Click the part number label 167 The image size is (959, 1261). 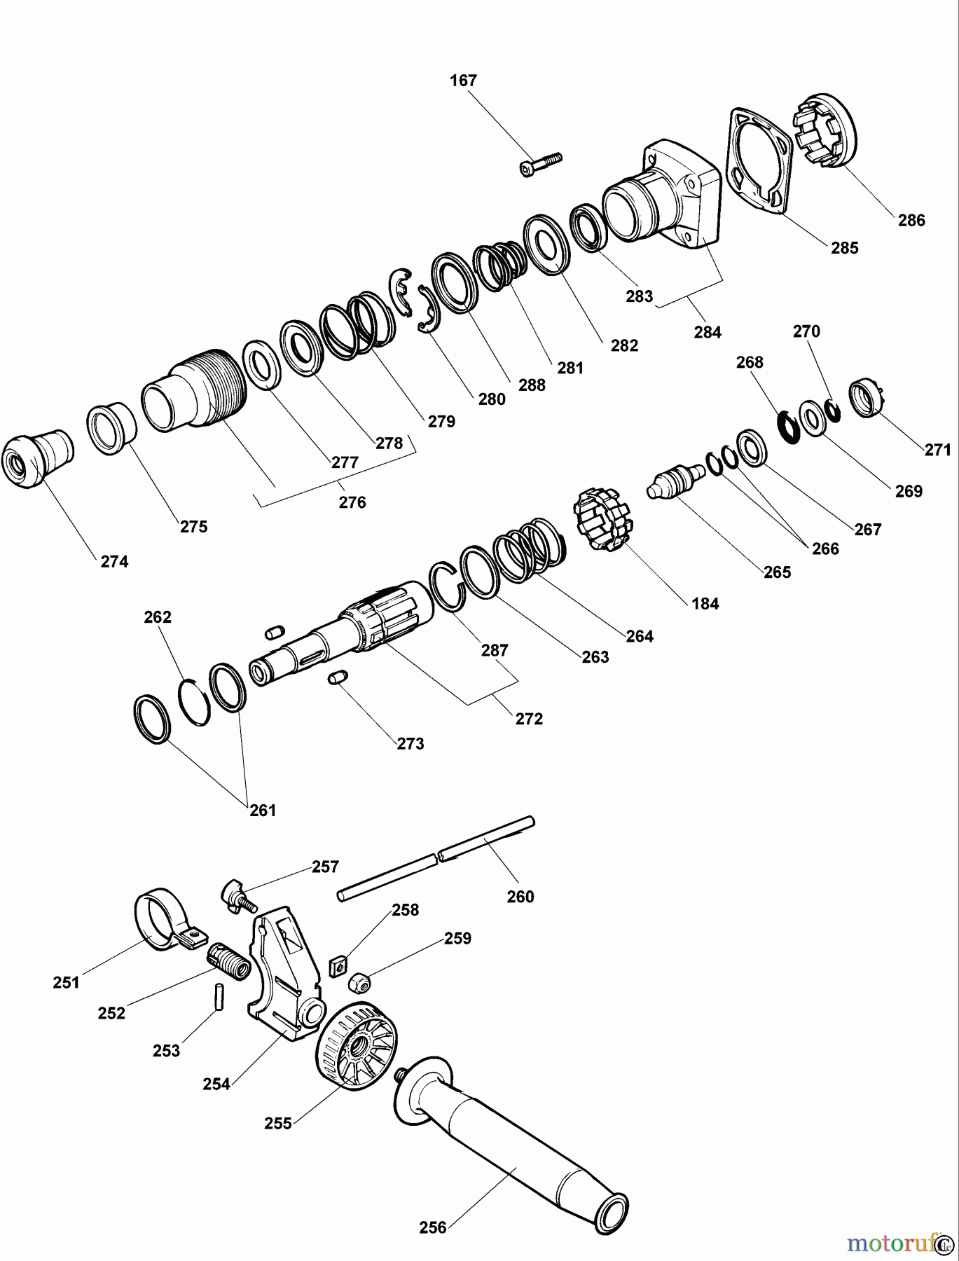463,81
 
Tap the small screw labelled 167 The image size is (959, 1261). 541,163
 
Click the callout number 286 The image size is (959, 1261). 911,220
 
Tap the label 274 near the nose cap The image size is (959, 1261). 114,561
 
